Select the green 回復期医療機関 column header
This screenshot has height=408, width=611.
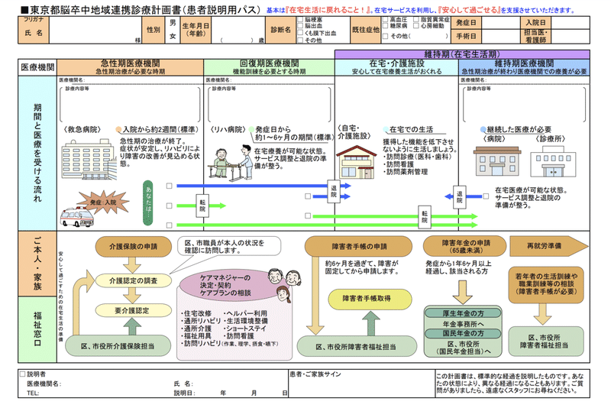(x=270, y=66)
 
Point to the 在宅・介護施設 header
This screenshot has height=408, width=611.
(x=396, y=66)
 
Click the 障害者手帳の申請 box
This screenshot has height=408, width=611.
(x=359, y=247)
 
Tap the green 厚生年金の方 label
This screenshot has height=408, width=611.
(x=461, y=312)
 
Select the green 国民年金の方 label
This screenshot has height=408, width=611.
(x=461, y=333)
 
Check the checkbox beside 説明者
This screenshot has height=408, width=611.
(x=22, y=374)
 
